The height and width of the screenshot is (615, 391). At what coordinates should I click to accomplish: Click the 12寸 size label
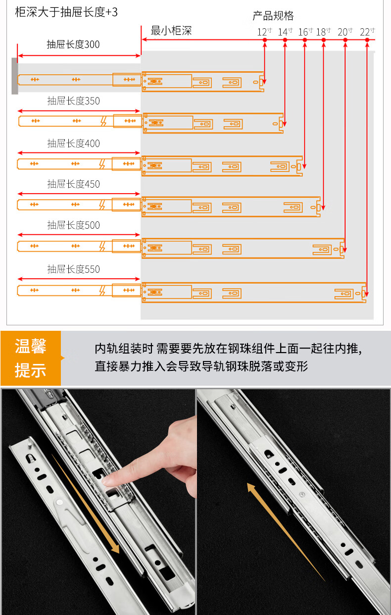pyautogui.click(x=264, y=32)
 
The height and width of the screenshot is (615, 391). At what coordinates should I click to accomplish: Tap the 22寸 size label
pyautogui.click(x=367, y=32)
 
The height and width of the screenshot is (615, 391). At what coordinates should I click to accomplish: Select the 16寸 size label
pyautogui.click(x=305, y=32)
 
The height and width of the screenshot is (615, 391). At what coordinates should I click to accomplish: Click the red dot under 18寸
pyautogui.click(x=324, y=40)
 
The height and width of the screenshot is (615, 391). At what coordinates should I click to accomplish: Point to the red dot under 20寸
pyautogui.click(x=345, y=40)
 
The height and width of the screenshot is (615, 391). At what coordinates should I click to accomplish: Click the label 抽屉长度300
pyautogui.click(x=73, y=45)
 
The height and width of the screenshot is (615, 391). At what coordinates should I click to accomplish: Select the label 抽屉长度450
pyautogui.click(x=74, y=184)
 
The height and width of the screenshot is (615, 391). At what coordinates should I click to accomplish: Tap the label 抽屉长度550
pyautogui.click(x=74, y=269)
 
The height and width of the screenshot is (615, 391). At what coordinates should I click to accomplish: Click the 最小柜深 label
pyautogui.click(x=171, y=31)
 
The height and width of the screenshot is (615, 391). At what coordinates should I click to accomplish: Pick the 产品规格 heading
pyautogui.click(x=273, y=16)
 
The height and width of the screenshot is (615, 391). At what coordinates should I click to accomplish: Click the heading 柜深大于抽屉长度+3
pyautogui.click(x=66, y=12)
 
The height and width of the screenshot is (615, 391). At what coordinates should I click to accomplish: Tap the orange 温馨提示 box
pyautogui.click(x=31, y=358)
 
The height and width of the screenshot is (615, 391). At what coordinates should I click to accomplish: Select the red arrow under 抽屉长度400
pyautogui.click(x=79, y=153)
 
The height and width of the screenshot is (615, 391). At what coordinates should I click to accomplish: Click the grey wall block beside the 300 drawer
pyautogui.click(x=15, y=76)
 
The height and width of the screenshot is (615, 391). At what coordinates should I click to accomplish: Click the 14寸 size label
pyautogui.click(x=286, y=32)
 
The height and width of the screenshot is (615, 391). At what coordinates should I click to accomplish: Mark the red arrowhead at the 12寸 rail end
pyautogui.click(x=264, y=82)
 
